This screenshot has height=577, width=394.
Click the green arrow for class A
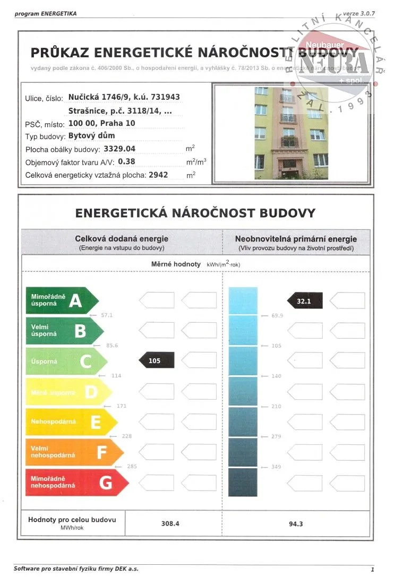[61, 301]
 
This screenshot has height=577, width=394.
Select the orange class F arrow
[74, 452]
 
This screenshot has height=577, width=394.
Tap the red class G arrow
[76, 483]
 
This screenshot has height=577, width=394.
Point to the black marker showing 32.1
[305, 300]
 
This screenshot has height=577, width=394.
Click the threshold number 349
[277, 467]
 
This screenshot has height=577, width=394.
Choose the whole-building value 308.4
[170, 523]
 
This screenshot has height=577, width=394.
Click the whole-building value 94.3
[296, 523]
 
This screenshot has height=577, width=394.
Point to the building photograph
[291, 133]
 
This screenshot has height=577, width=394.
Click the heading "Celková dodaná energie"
[122, 239]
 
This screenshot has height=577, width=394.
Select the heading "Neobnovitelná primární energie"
[296, 239]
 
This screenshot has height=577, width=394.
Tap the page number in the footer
[372, 570]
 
